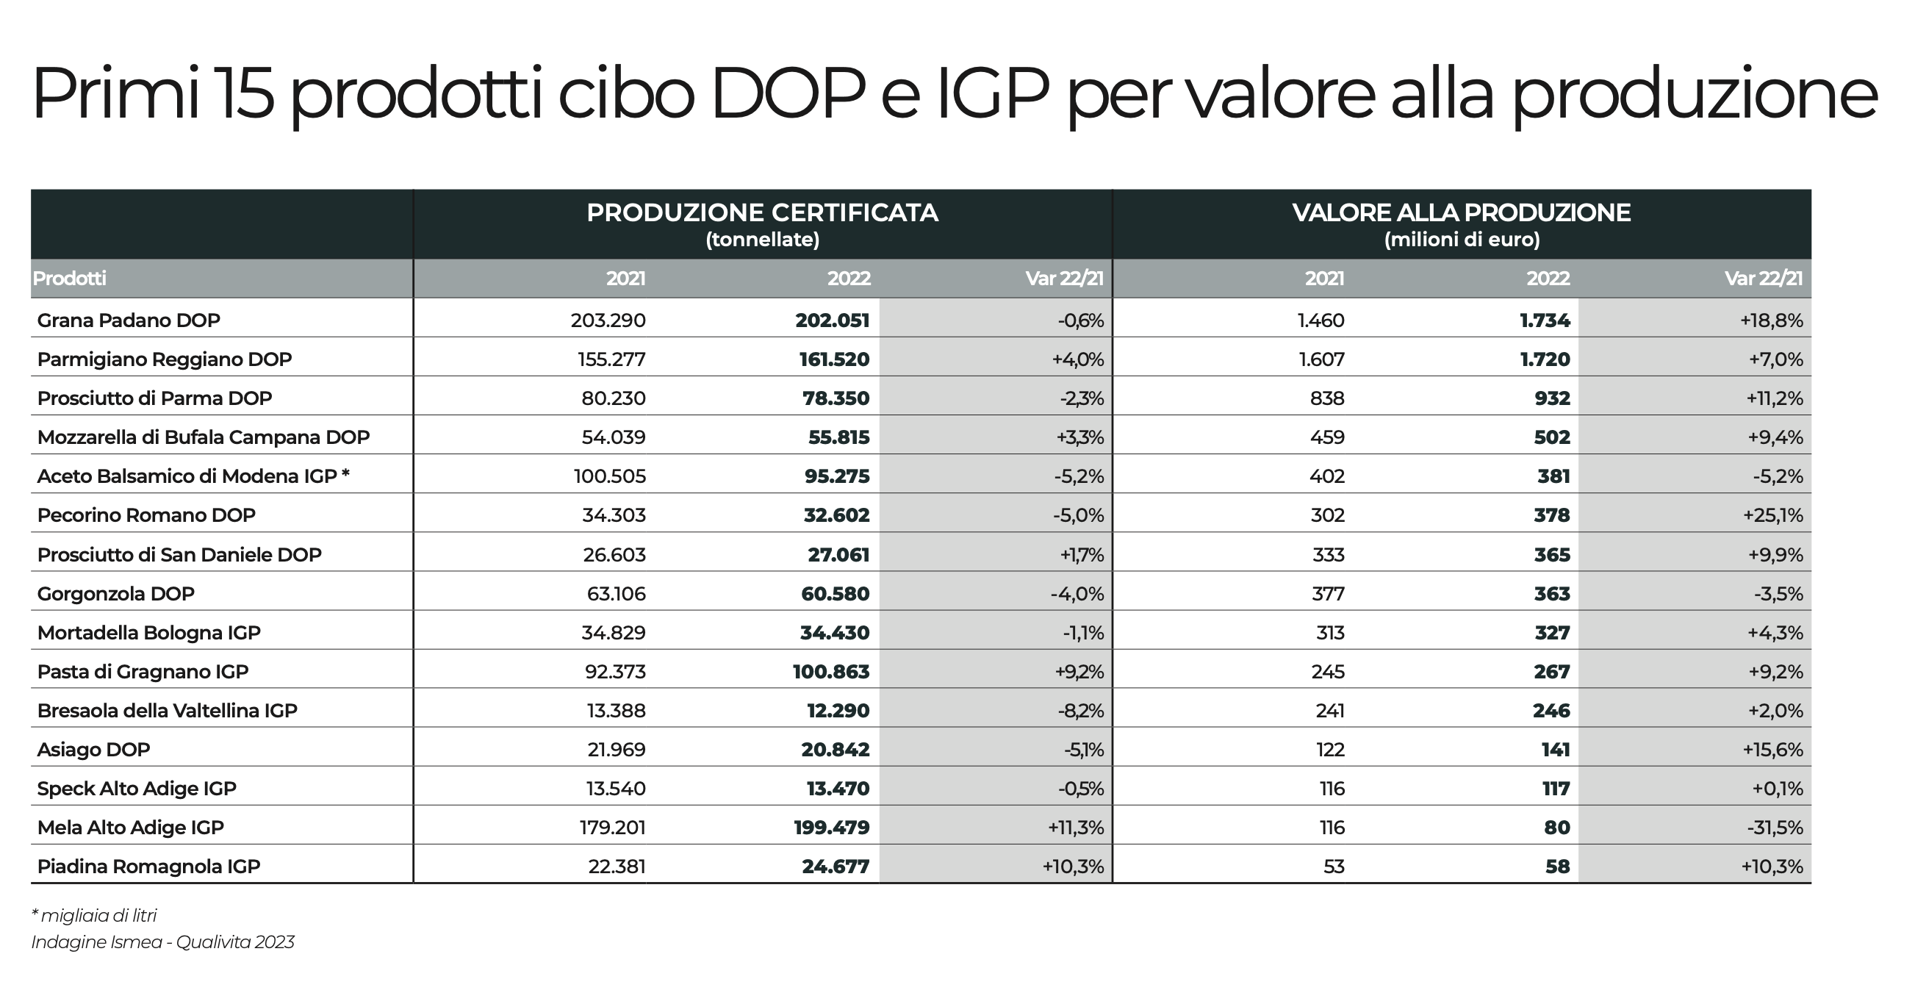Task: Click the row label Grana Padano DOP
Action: click(x=129, y=320)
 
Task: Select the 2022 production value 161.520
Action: click(x=832, y=359)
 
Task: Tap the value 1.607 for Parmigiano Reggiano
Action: click(x=1321, y=359)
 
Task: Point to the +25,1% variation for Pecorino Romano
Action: click(x=1772, y=515)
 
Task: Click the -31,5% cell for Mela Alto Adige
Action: click(x=1775, y=828)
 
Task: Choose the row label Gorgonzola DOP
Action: click(x=116, y=594)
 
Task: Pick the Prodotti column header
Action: click(x=69, y=278)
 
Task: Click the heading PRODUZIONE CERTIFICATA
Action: click(x=762, y=212)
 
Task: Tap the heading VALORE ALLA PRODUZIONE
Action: click(x=1461, y=212)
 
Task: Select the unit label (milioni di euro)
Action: click(x=1462, y=240)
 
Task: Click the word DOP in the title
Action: click(x=788, y=95)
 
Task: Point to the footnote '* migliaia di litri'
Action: click(x=94, y=915)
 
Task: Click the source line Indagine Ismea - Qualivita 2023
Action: click(x=163, y=942)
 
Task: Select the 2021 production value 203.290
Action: click(x=608, y=320)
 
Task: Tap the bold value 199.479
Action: click(x=831, y=828)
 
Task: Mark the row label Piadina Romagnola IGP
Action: click(x=148, y=867)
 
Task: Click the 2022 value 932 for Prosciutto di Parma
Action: click(x=1551, y=398)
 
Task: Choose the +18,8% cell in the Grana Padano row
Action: click(x=1771, y=320)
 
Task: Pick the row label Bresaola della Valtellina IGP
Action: click(x=168, y=711)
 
